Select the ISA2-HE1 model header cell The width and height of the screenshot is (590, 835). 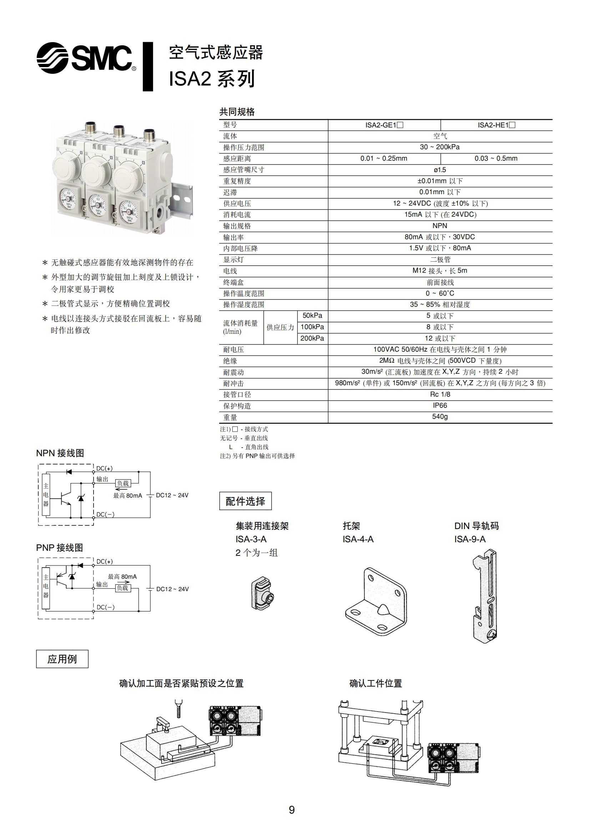[x=496, y=125]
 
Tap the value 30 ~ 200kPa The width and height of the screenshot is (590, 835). [x=439, y=147]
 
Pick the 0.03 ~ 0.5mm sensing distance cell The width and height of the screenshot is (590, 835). [x=496, y=158]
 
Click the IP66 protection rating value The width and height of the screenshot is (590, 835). [x=440, y=405]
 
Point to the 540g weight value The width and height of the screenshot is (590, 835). [x=440, y=416]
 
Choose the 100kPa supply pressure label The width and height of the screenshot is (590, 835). [x=312, y=327]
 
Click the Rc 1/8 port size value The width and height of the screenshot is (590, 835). [x=440, y=394]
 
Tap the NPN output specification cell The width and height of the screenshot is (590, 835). [x=440, y=226]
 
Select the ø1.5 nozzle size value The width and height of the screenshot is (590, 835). [x=440, y=170]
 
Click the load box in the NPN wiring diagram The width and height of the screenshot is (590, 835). [x=123, y=483]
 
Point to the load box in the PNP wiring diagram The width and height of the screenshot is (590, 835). [x=122, y=588]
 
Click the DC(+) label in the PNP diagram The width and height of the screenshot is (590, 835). [x=104, y=562]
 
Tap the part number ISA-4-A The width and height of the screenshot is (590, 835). [x=358, y=539]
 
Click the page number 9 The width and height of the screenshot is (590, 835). [x=292, y=810]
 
